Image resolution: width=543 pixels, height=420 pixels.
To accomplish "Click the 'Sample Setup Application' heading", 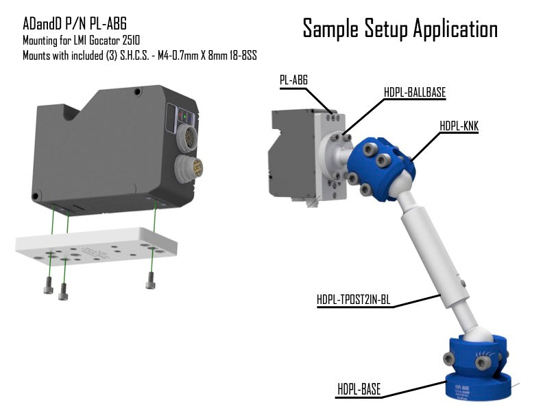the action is pos(400,29).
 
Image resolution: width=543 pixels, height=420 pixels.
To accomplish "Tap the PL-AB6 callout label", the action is pos(293,80).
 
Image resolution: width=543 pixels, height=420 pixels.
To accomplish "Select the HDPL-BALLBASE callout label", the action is pos(415,93).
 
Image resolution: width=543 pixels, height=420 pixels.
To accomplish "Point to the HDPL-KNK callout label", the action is pos(459,126).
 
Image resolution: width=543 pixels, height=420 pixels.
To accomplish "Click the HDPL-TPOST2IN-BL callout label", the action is pos(354,299).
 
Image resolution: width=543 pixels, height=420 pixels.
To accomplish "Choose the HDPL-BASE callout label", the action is pos(359,389).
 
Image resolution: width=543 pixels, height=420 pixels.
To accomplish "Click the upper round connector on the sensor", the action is pos(186,137).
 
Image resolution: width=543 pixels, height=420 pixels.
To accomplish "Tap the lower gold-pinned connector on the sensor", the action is pos(189,169).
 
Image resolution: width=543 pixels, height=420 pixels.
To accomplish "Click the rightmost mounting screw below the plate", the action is pos(150,281).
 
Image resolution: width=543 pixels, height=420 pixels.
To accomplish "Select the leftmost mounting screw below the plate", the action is pos(49,285).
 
